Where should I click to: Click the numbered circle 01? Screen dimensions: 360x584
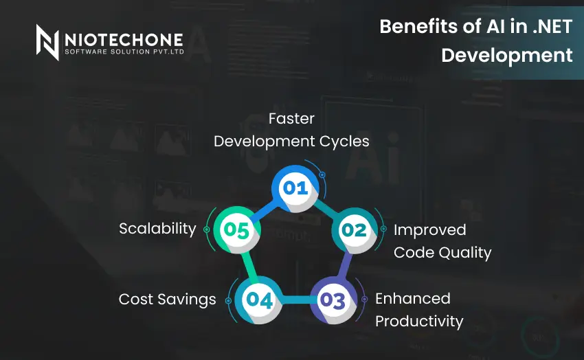pyautogui.click(x=296, y=188)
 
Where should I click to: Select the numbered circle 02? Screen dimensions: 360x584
pyautogui.click(x=354, y=230)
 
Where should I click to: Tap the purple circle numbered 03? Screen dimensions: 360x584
pyautogui.click(x=332, y=300)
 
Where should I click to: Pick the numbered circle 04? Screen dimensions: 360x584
pyautogui.click(x=259, y=300)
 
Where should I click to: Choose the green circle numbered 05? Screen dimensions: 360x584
pyautogui.click(x=236, y=230)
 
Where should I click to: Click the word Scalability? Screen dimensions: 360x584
pyautogui.click(x=157, y=229)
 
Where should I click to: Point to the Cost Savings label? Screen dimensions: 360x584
pyautogui.click(x=167, y=300)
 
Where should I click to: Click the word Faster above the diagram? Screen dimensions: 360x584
pyautogui.click(x=291, y=119)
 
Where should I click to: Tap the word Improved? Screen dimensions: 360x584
pyautogui.click(x=429, y=229)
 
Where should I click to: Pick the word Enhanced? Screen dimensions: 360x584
pyautogui.click(x=413, y=299)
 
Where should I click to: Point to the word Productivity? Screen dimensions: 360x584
pyautogui.click(x=419, y=322)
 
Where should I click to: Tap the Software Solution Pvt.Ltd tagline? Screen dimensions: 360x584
pyautogui.click(x=124, y=52)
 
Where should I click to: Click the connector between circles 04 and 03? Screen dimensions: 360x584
pyautogui.click(x=295, y=300)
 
